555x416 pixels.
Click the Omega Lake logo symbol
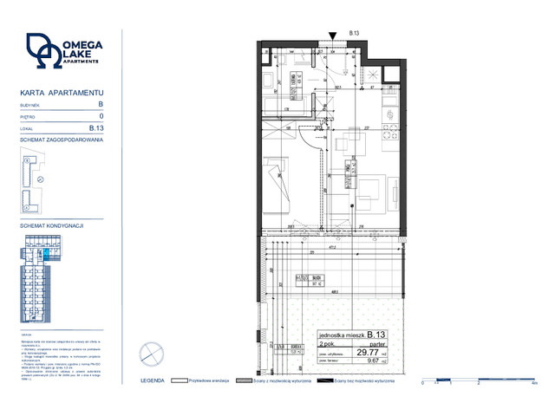tap(44, 51)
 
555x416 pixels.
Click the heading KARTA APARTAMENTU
tap(62, 92)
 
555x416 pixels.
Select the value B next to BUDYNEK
tap(101, 103)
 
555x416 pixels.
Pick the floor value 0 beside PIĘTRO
tap(101, 115)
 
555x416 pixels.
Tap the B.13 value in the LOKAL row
tap(97, 127)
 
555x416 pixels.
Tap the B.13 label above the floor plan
tap(354, 33)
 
